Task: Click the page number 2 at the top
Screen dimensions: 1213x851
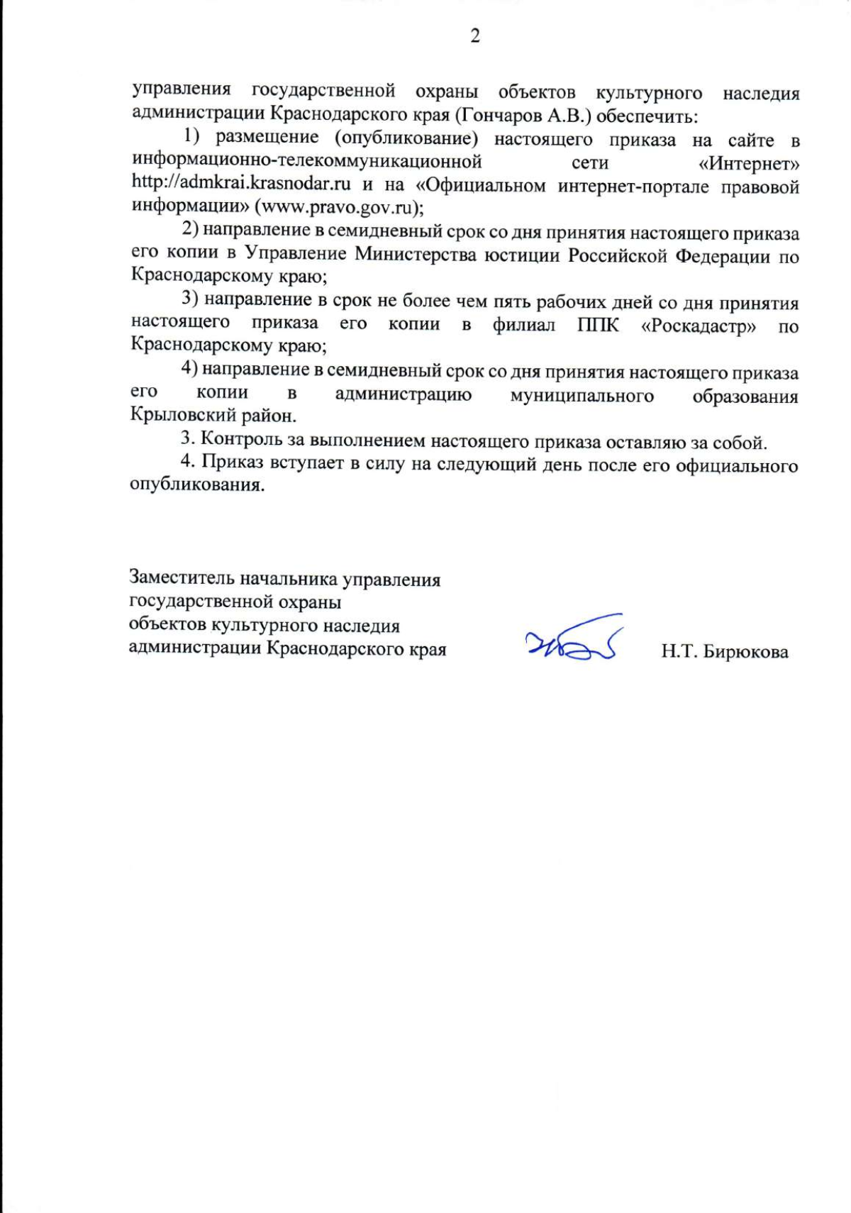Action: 475,35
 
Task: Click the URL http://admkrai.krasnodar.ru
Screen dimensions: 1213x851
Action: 241,184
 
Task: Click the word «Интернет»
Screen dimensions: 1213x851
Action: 749,164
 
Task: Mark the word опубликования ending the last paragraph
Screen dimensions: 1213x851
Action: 196,487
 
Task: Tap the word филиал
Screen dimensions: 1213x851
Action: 524,326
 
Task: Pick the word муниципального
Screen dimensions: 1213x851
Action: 582,395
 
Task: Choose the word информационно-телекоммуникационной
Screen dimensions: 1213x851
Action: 307,161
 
